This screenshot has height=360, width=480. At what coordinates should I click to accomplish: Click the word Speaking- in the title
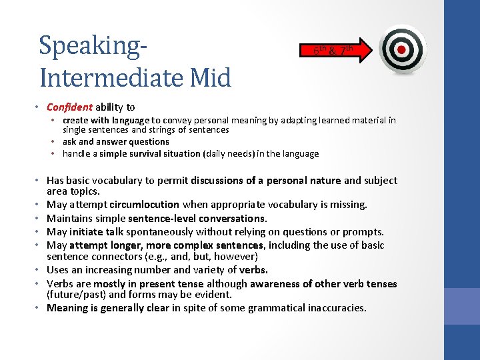pos(93,46)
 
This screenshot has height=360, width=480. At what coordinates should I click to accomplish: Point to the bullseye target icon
pos(401,49)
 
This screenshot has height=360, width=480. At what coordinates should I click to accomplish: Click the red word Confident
pos(69,107)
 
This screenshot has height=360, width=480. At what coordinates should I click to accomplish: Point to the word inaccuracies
pos(336,308)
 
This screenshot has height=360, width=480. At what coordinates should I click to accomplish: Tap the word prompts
pos(366,232)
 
